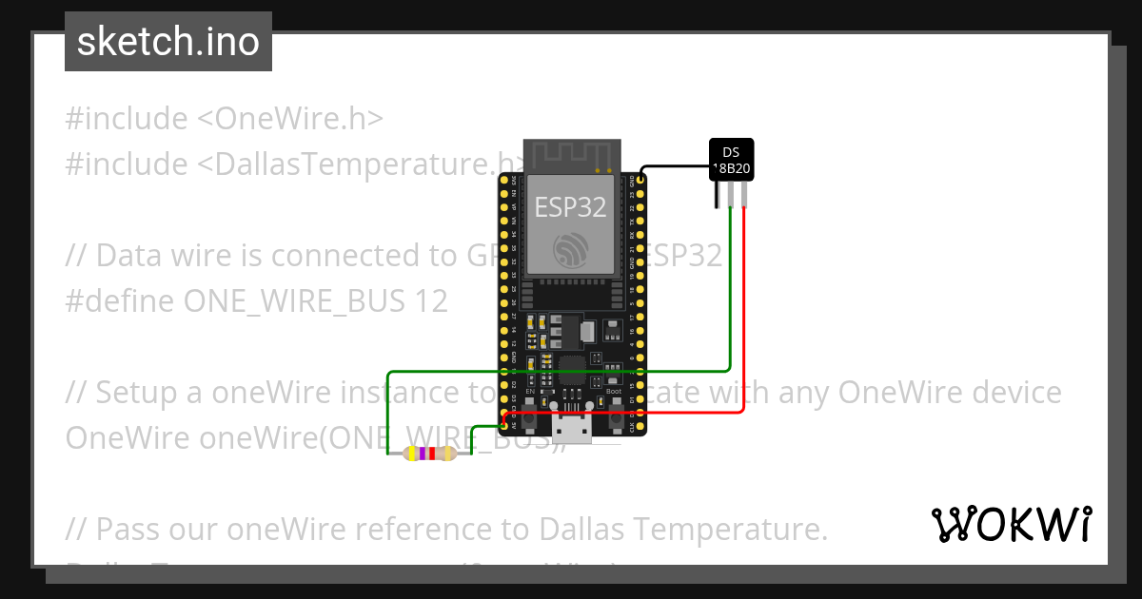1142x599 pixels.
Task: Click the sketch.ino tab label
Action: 168,42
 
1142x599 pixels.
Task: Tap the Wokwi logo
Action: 1011,524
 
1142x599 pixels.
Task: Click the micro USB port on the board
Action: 572,430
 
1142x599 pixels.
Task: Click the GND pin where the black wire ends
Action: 642,179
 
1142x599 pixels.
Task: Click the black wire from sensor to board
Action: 676,164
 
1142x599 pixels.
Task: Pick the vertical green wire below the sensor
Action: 729,295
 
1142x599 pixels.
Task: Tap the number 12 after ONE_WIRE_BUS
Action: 431,301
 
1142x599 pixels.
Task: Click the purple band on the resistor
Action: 422,454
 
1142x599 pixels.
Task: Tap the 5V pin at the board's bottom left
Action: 503,426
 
